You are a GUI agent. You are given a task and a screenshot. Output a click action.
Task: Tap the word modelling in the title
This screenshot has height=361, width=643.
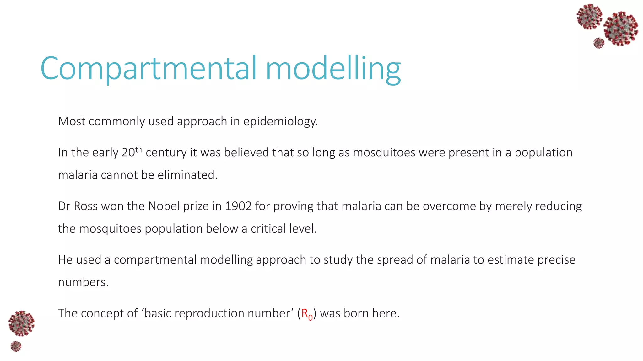(333, 69)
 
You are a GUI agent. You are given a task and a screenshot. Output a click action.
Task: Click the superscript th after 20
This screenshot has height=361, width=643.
(138, 150)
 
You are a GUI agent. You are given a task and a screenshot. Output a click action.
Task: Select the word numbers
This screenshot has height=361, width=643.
(83, 282)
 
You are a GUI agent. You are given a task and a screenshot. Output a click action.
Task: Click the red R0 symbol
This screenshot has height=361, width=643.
(307, 314)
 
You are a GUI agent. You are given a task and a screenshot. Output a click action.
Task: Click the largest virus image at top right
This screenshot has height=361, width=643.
(621, 29)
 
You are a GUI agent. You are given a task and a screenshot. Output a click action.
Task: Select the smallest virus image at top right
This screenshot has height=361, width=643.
(599, 43)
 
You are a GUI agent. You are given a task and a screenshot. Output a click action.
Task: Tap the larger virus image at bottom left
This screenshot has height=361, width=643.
(21, 323)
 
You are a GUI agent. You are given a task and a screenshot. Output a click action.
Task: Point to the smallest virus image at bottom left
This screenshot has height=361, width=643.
(16, 346)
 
